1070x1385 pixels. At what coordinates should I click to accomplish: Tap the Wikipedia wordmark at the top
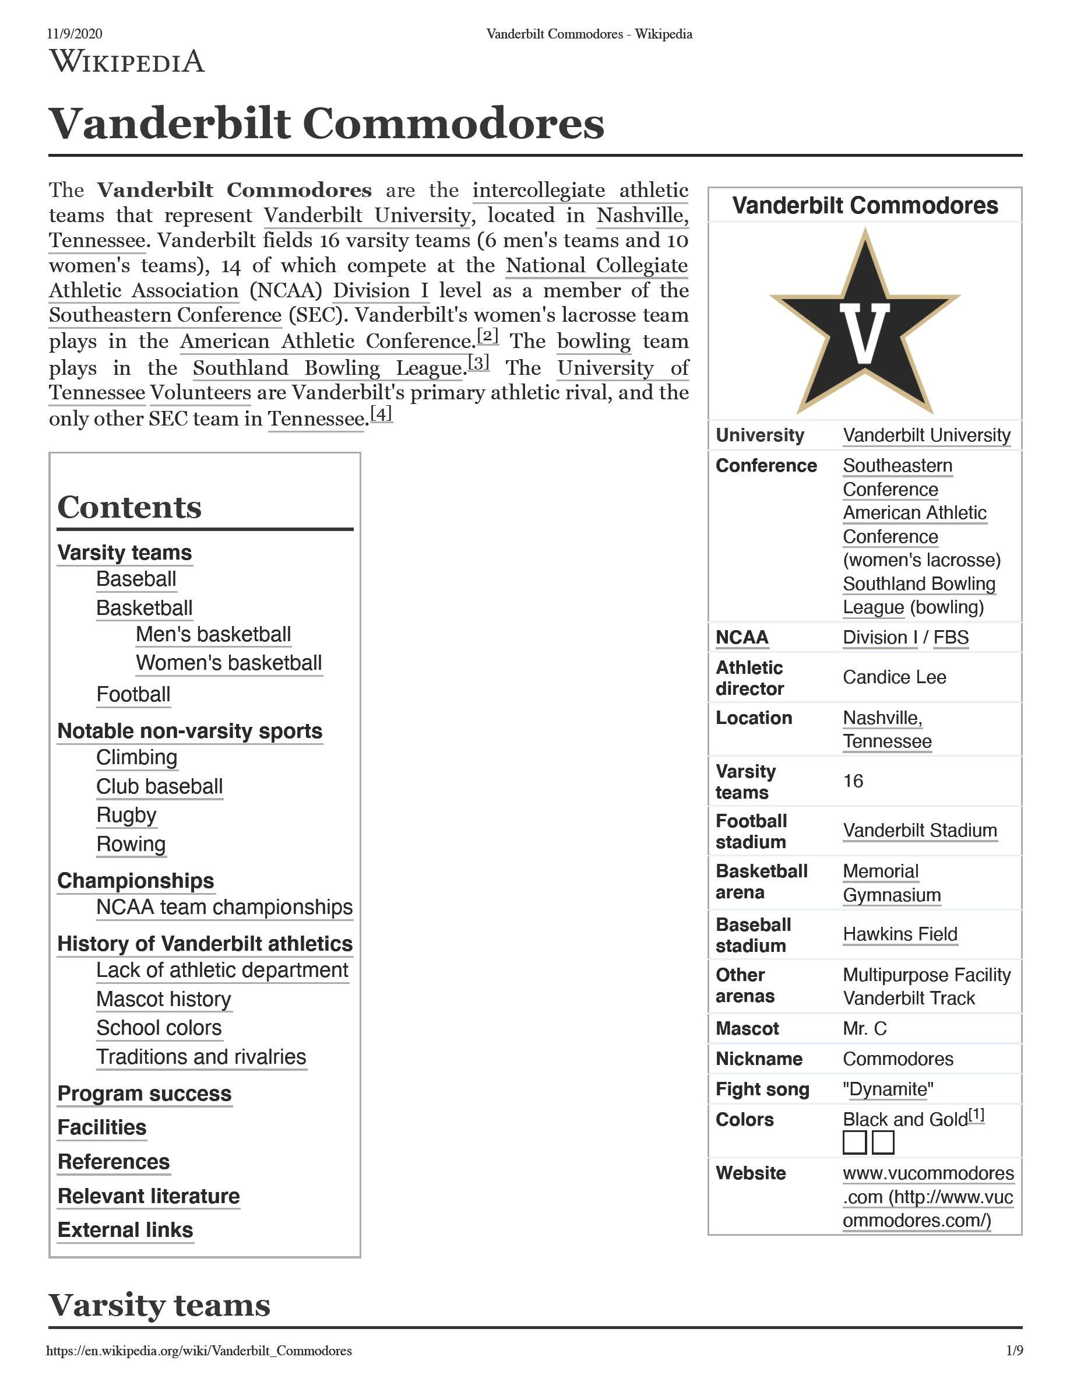(127, 62)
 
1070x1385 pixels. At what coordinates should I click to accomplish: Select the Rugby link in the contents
(126, 815)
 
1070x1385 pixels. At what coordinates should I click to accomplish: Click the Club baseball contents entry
(159, 786)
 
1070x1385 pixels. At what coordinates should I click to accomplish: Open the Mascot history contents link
(164, 999)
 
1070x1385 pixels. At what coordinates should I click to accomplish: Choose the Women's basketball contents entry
(229, 663)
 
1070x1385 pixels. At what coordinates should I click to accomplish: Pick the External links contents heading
(125, 1229)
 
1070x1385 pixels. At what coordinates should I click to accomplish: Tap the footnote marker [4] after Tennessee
(381, 413)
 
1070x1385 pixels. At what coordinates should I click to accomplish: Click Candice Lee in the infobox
(894, 677)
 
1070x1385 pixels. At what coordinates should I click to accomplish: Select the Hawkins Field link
(899, 934)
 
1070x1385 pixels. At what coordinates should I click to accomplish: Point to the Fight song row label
(762, 1089)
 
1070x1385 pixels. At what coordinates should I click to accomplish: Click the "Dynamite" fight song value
(888, 1089)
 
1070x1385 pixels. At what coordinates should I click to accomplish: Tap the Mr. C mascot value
(865, 1028)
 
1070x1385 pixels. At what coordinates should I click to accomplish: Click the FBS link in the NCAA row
(951, 637)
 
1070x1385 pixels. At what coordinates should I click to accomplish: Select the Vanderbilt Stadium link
(919, 830)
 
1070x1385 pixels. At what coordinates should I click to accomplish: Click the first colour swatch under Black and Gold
(854, 1142)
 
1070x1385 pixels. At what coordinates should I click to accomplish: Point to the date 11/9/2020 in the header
(74, 34)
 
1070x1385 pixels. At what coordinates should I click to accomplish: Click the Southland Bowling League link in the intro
(330, 368)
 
